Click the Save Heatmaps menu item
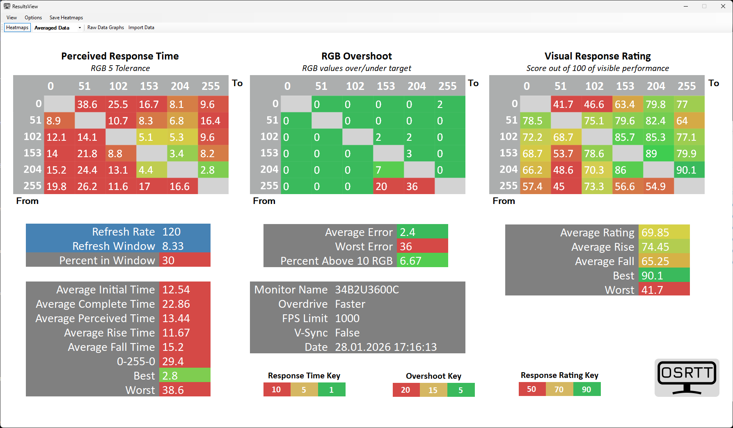[66, 18]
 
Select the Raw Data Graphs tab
[105, 27]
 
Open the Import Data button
[141, 27]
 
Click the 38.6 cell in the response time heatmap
[90, 104]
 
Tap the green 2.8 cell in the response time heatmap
[213, 170]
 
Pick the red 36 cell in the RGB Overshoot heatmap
[419, 186]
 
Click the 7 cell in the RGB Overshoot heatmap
[388, 170]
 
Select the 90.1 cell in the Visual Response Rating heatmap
[689, 170]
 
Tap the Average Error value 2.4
[422, 232]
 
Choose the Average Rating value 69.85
[663, 233]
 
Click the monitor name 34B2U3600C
[367, 290]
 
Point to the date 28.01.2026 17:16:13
[386, 347]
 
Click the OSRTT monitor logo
[687, 378]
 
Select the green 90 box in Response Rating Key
[586, 389]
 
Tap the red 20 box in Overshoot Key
[406, 390]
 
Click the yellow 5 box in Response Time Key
[304, 389]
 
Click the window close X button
[723, 6]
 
